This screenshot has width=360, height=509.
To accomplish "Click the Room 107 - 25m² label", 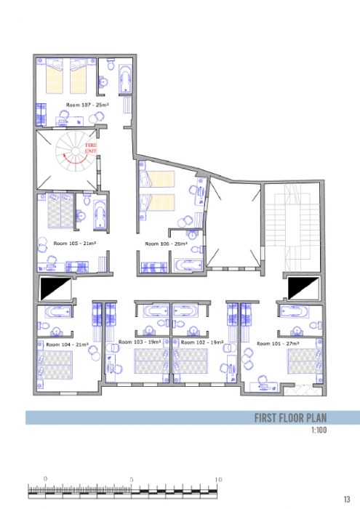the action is tap(87, 105).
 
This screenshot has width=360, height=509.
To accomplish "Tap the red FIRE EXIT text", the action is tap(91, 148).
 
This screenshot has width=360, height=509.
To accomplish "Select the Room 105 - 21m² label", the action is tap(75, 243).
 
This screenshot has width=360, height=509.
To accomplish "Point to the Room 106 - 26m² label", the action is tap(167, 244).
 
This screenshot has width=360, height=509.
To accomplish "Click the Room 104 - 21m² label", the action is tap(68, 345).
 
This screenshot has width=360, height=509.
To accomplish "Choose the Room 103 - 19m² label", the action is tap(140, 342).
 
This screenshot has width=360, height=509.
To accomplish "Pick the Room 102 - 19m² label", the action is tap(202, 342).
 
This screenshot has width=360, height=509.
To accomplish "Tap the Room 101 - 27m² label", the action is tap(278, 343).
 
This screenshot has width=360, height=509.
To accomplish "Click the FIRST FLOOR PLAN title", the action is tap(290, 417).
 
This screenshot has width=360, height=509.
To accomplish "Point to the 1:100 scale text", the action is tap(319, 430).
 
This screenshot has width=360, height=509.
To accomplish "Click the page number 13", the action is tap(347, 500).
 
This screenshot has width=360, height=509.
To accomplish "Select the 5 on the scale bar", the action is tap(132, 479).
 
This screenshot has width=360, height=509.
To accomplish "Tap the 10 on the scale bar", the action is tap(218, 479).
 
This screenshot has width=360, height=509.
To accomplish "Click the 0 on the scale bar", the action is tap(45, 478).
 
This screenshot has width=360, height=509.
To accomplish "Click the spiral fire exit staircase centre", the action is tap(76, 151).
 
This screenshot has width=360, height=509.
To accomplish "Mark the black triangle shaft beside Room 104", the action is tap(55, 289).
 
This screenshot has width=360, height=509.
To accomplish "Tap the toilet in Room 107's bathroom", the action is tap(111, 65).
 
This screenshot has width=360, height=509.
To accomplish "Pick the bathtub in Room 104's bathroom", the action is tap(57, 312).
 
